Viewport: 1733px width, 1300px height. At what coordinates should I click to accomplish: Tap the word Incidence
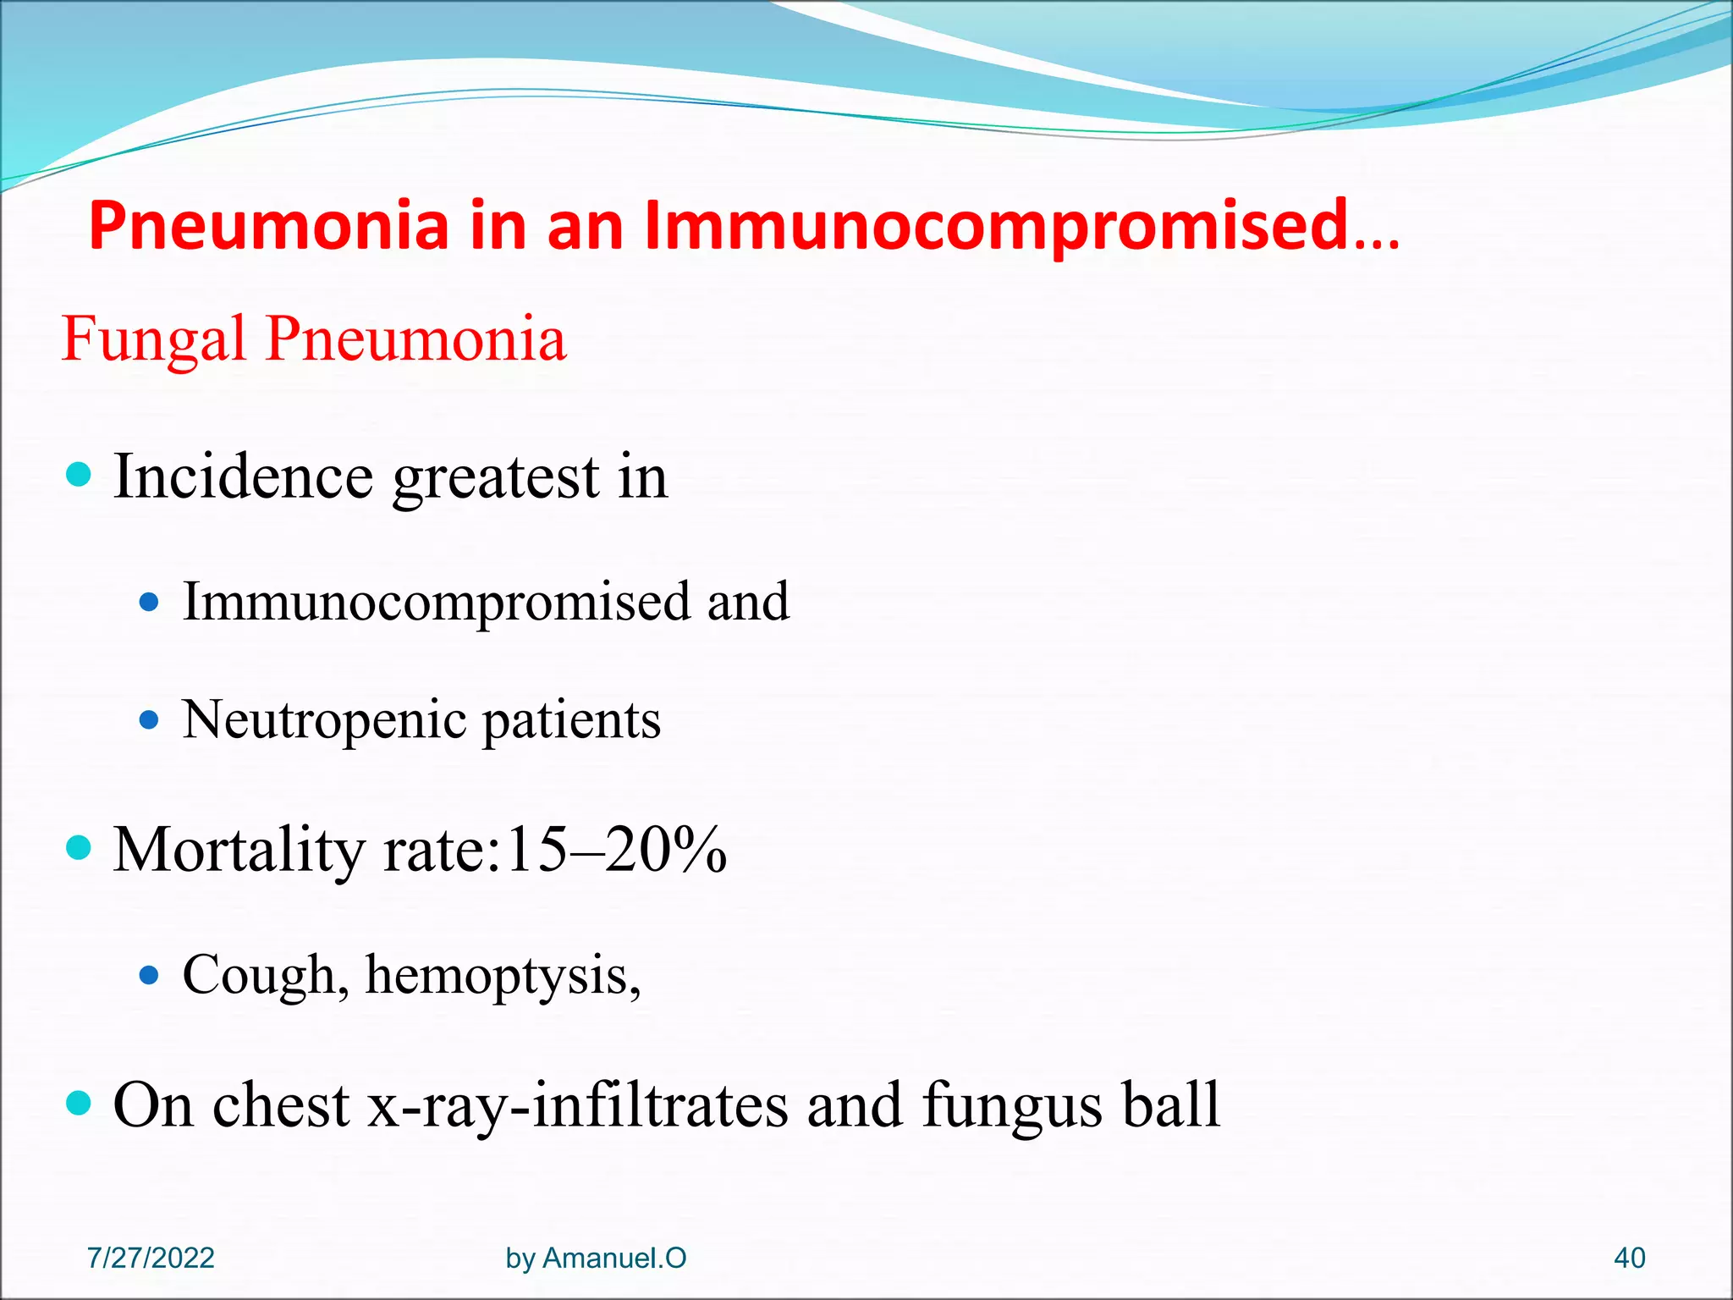coord(243,477)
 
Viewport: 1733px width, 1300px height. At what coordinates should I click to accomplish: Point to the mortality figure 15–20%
coord(615,850)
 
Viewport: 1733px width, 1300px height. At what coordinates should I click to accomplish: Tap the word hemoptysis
coord(503,976)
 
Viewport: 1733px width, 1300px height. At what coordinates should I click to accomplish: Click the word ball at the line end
coord(1171,1105)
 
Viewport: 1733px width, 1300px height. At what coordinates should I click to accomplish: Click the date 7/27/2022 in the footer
coord(151,1258)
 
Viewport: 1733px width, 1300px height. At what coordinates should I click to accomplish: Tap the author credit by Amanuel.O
coord(596,1258)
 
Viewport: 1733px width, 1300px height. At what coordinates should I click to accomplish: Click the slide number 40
coord(1629,1258)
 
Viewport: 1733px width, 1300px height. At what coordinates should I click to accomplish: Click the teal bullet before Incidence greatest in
coord(78,474)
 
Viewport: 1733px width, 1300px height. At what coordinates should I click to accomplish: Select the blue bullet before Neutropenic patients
coord(149,721)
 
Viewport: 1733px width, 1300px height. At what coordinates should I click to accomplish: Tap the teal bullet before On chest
coord(78,1103)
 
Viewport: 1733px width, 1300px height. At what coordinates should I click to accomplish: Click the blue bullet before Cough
coord(149,976)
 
